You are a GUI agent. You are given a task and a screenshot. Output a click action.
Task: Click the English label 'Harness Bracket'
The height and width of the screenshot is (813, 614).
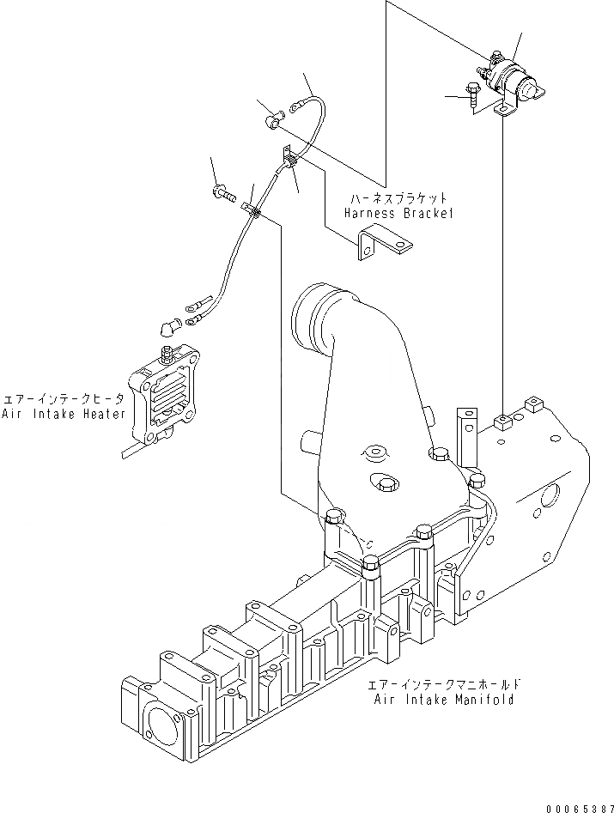coord(397,213)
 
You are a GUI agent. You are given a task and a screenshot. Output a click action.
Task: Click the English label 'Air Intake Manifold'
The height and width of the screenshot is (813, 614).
coord(444,699)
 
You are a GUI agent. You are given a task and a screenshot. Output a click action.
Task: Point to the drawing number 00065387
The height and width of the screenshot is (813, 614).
coord(580,807)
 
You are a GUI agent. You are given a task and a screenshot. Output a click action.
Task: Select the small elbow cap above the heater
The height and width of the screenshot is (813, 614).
coord(167,325)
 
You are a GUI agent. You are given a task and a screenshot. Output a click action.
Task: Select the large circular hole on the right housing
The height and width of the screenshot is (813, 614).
coord(549,495)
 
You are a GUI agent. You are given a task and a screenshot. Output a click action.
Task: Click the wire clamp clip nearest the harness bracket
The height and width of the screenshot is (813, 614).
coord(289,158)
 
